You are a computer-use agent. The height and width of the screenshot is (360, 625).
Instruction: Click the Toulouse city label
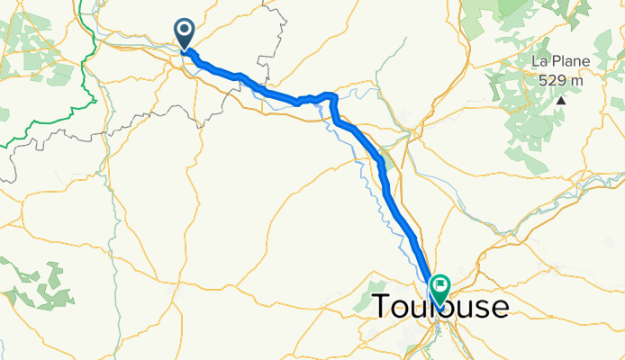pyautogui.click(x=439, y=307)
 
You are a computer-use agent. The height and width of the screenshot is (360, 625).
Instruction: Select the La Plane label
pyautogui.click(x=560, y=62)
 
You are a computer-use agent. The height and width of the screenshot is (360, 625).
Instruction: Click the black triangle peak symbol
pyautogui.click(x=561, y=99)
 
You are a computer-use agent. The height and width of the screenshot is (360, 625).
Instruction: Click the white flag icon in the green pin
pyautogui.click(x=440, y=286)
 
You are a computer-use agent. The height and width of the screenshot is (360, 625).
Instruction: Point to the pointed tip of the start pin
pyautogui.click(x=185, y=50)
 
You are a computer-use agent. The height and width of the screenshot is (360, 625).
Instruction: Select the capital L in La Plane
pyautogui.click(x=535, y=62)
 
